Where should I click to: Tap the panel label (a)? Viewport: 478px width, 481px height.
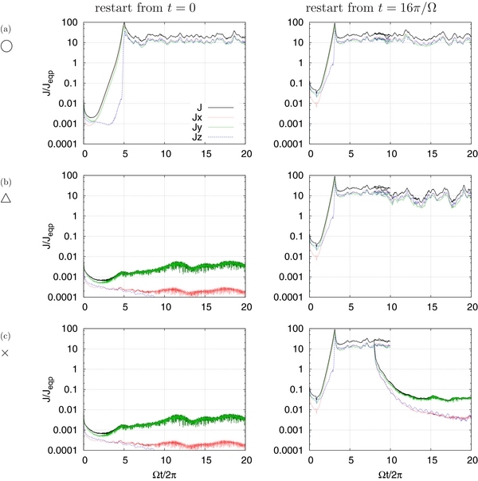coord(6,31)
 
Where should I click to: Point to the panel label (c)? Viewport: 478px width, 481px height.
coord(6,334)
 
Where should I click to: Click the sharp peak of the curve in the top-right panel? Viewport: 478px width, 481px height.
coord(335,24)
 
